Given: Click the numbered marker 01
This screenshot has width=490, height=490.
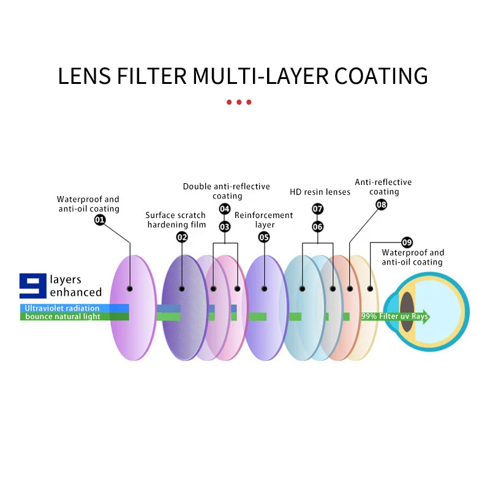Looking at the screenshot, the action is [100, 220].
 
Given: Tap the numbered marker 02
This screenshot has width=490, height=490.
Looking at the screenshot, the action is [182, 237].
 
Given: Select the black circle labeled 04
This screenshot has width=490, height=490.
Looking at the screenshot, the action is [225, 209].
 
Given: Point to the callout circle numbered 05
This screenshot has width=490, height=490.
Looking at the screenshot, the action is [264, 237].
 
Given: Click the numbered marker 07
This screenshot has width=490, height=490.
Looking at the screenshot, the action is [317, 209].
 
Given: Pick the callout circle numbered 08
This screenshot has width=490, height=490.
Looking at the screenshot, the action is [381, 205].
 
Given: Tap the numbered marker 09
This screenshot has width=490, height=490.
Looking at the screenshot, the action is [407, 242].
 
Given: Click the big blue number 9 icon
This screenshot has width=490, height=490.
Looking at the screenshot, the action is [33, 285].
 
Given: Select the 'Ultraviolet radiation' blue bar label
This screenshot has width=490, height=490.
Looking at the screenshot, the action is [62, 308].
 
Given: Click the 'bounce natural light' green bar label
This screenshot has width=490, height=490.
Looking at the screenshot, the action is [62, 316].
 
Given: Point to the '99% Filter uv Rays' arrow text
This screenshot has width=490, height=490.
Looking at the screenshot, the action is [394, 316].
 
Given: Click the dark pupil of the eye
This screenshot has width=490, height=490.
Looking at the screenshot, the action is [407, 312].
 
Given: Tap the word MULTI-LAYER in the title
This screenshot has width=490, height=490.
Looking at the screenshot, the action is [260, 76].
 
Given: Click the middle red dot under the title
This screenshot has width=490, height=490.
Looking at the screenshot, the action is [239, 102].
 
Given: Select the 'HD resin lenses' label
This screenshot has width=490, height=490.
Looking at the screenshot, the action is [320, 192].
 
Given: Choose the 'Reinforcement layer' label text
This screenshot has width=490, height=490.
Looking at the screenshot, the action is [264, 220].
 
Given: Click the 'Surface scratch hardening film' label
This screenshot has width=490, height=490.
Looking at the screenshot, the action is [176, 220].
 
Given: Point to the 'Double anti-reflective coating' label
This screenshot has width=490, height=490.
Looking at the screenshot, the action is [227, 191].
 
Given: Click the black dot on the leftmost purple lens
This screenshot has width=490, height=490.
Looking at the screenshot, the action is [130, 288].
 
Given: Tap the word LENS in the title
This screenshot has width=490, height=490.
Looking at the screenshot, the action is [85, 76].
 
